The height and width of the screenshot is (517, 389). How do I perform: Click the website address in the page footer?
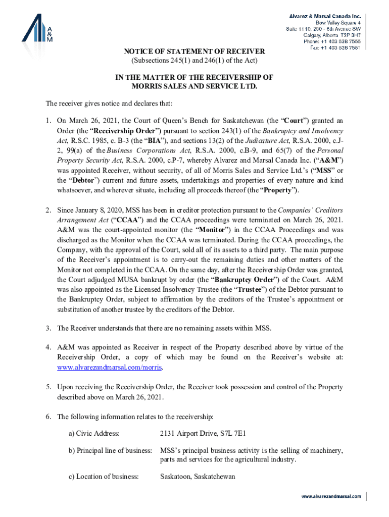click(x=331, y=496)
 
